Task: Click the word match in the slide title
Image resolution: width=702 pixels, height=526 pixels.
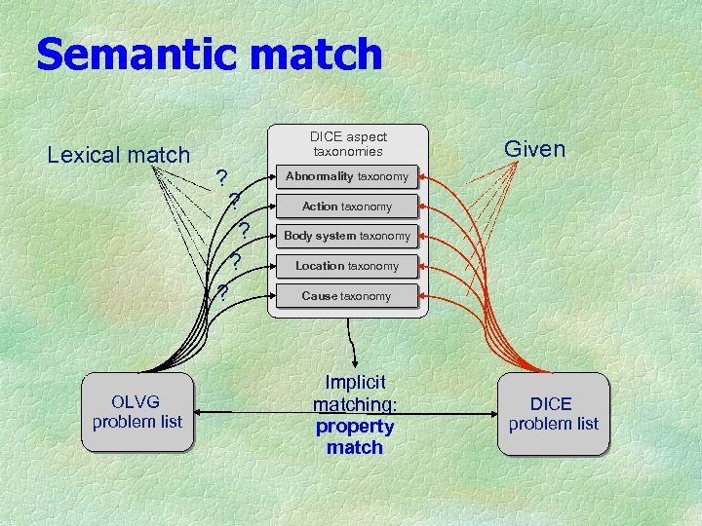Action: click(315, 55)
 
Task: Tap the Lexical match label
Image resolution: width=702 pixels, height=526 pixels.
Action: click(119, 154)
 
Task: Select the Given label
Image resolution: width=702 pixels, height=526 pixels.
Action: click(533, 149)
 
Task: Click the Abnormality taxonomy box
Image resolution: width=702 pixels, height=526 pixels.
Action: click(347, 176)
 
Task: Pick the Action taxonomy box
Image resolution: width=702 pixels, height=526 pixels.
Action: click(347, 207)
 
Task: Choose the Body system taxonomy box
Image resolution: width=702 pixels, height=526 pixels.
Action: click(347, 236)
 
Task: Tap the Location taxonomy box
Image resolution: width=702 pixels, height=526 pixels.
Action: click(347, 266)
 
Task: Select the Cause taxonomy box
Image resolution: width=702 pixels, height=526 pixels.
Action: click(347, 296)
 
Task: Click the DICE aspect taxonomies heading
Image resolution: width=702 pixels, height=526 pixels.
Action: click(348, 144)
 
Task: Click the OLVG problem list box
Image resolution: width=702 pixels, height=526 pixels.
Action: click(137, 412)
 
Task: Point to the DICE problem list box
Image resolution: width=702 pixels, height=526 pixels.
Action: click(553, 414)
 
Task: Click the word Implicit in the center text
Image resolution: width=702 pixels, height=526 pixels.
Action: click(355, 383)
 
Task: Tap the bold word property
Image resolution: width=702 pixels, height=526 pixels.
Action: click(355, 427)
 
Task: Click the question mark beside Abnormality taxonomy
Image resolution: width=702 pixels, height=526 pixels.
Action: click(222, 177)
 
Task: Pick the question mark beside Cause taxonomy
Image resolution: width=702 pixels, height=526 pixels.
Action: click(222, 292)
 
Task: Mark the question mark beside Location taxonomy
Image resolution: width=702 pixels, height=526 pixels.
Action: click(236, 262)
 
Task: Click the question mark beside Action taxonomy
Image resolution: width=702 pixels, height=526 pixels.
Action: click(234, 203)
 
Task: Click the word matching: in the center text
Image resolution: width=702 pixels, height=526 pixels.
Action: click(355, 404)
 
